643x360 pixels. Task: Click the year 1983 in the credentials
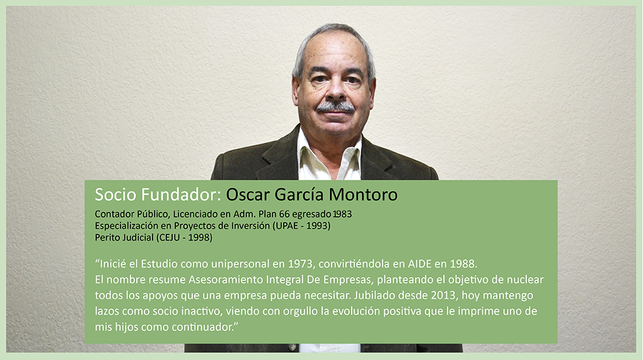tap(342, 214)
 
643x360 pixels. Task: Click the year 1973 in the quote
tap(301, 263)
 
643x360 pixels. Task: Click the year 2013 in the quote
tap(443, 295)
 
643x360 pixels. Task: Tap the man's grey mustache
tap(335, 107)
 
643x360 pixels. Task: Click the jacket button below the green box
tap(293, 347)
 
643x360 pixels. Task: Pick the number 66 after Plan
tap(284, 214)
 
